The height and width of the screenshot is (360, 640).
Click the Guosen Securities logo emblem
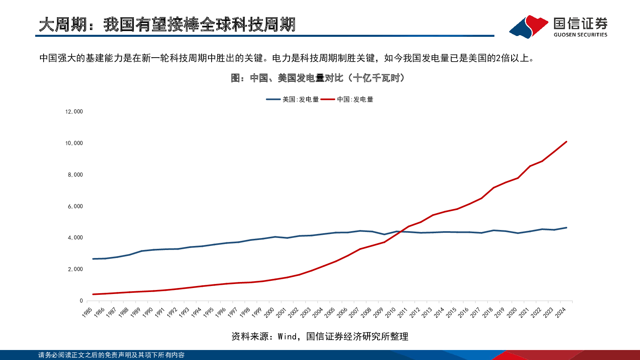coord(528,27)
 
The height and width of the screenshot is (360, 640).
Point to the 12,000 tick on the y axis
coord(74,112)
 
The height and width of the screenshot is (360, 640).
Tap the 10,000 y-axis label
coord(74,143)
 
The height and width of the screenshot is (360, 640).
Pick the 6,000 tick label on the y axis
coord(75,206)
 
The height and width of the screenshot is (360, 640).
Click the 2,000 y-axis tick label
coord(75,269)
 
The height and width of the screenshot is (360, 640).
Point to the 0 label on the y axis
coord(81,301)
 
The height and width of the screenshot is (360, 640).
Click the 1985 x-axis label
coord(87,312)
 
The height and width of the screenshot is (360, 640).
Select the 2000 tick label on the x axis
coord(269,312)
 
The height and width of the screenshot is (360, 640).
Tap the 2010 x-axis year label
coord(390,312)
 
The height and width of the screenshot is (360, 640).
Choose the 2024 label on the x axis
coord(560,312)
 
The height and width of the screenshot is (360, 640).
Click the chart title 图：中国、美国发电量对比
coord(318,78)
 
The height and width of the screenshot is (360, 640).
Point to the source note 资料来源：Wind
coord(320,337)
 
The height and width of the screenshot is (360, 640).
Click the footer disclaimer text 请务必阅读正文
coord(111,355)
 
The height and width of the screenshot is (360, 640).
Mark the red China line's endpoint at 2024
coord(566,142)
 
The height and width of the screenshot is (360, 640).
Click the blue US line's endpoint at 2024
coord(566,228)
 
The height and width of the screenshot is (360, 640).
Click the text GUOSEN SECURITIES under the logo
coord(580,35)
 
